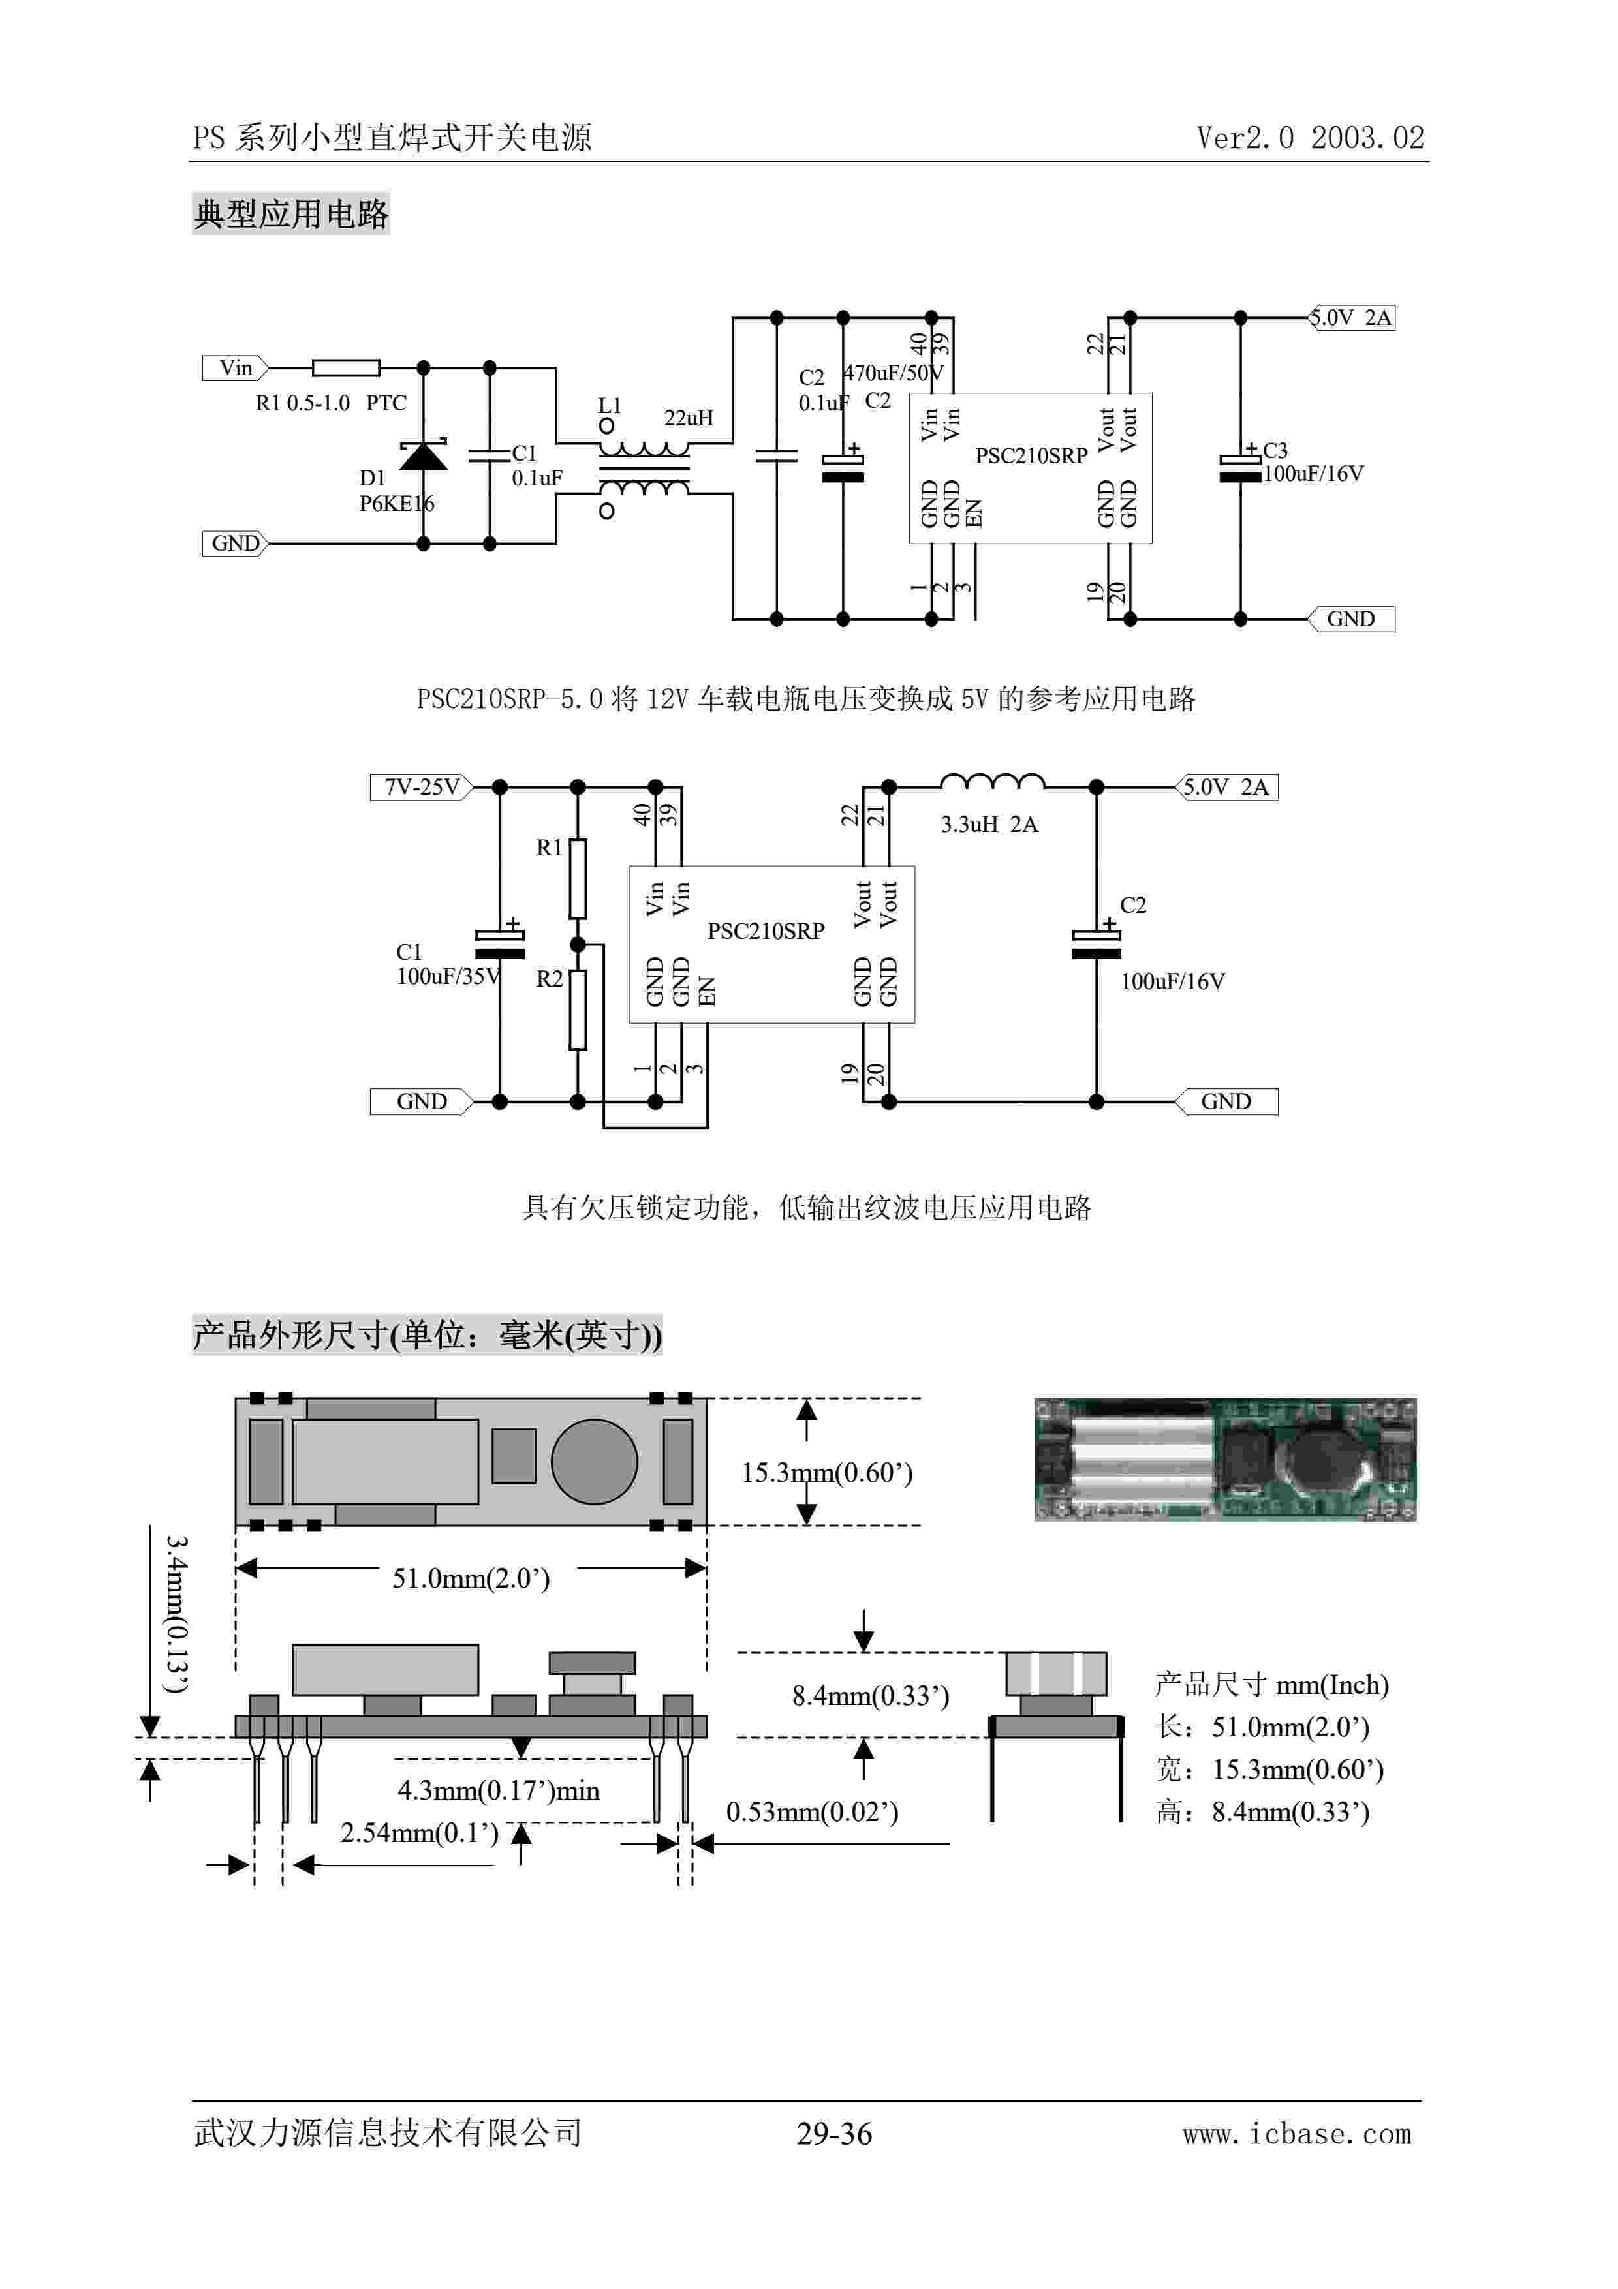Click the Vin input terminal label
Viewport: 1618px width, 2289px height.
click(235, 368)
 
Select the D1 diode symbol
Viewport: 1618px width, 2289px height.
click(423, 455)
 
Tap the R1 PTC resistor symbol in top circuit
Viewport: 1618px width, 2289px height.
click(346, 368)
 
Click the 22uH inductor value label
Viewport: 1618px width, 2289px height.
click(689, 418)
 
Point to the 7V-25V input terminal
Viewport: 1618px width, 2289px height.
click(422, 788)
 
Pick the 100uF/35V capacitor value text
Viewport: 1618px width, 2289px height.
click(448, 976)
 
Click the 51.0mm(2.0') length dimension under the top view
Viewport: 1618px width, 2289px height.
click(471, 1578)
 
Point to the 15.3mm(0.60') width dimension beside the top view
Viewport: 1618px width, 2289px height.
click(826, 1473)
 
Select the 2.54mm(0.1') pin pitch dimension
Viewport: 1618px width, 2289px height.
click(419, 1832)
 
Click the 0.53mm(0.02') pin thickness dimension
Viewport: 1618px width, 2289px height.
click(811, 1811)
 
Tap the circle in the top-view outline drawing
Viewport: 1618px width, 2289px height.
click(594, 1462)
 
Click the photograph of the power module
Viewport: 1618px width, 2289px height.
click(1224, 1460)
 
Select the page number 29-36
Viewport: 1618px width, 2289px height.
click(833, 2134)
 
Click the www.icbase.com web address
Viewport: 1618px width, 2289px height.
click(1296, 2134)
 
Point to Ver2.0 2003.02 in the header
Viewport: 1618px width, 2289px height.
click(1310, 138)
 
